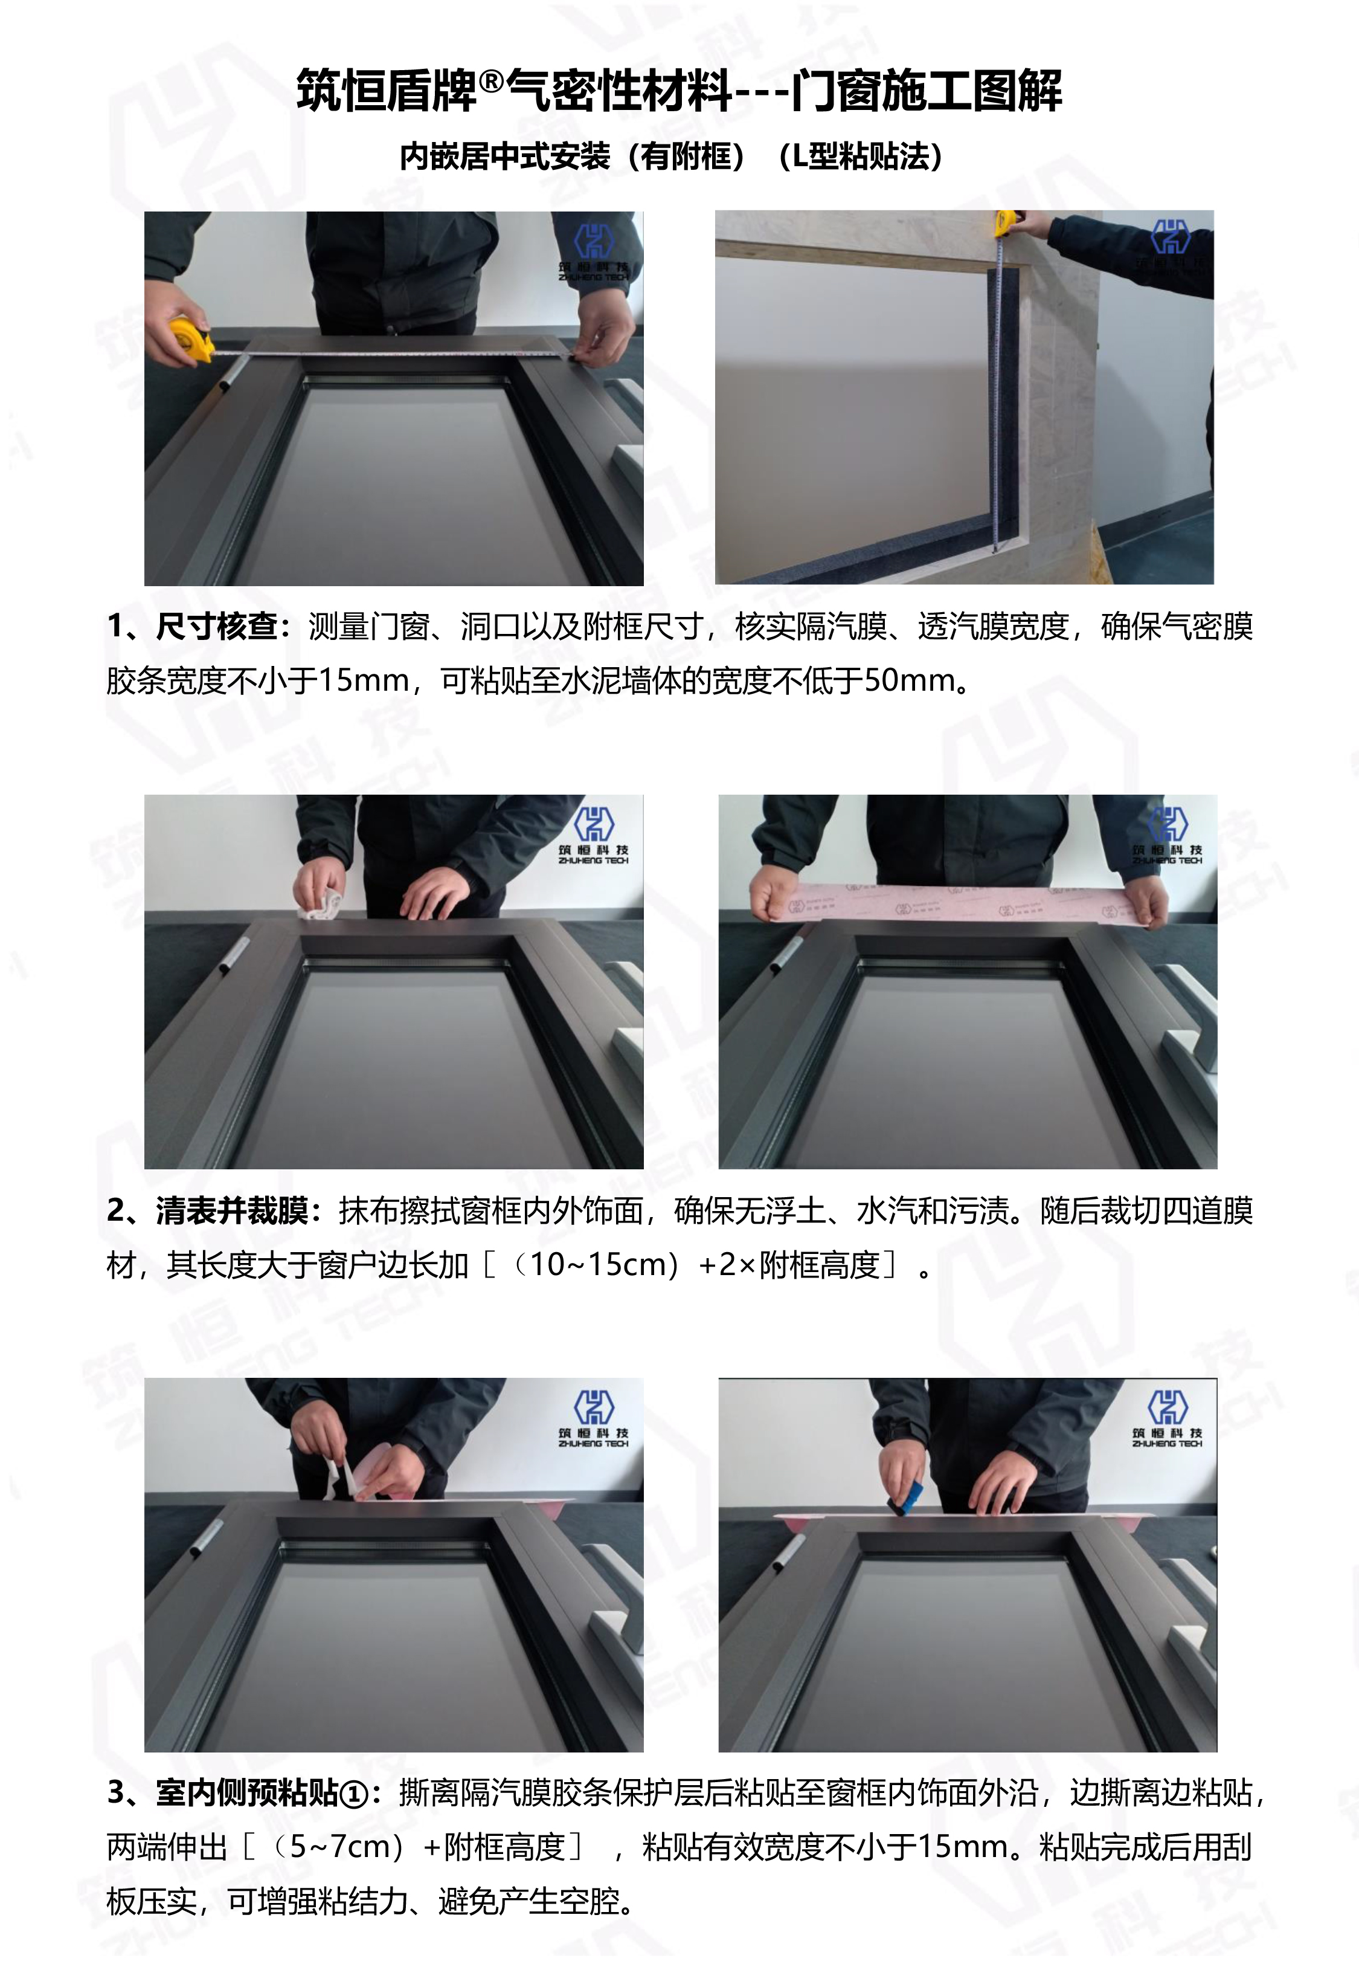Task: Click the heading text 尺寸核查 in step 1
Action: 217,626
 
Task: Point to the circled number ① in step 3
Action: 353,1795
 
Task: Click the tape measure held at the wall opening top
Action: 1006,224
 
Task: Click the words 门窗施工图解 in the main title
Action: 927,90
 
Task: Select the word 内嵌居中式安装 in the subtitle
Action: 505,156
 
